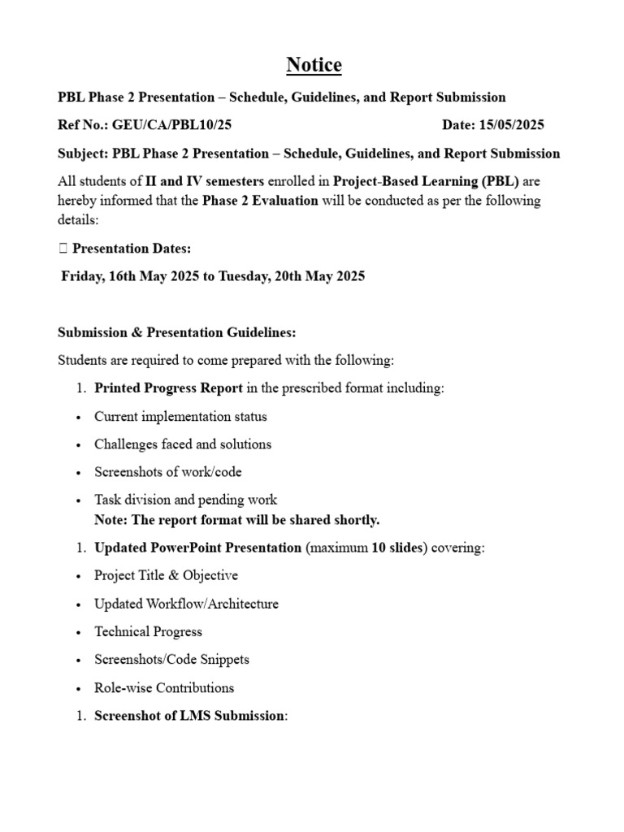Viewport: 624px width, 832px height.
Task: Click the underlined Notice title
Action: click(x=312, y=65)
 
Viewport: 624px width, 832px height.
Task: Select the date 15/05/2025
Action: click(x=513, y=125)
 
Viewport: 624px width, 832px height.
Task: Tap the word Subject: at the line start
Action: click(x=84, y=154)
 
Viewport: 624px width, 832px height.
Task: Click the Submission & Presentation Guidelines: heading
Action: click(x=177, y=332)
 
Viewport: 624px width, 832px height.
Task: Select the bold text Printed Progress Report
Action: click(x=168, y=388)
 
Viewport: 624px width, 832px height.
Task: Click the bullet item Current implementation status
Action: click(x=180, y=417)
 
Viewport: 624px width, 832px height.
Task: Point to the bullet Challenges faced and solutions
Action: click(x=183, y=444)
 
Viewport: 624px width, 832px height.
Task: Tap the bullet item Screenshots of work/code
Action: click(x=167, y=472)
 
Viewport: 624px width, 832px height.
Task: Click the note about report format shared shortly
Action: click(x=236, y=520)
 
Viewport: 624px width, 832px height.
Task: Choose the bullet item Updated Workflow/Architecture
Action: click(x=186, y=604)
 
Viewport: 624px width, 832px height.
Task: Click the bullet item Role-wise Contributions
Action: click(x=164, y=688)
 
